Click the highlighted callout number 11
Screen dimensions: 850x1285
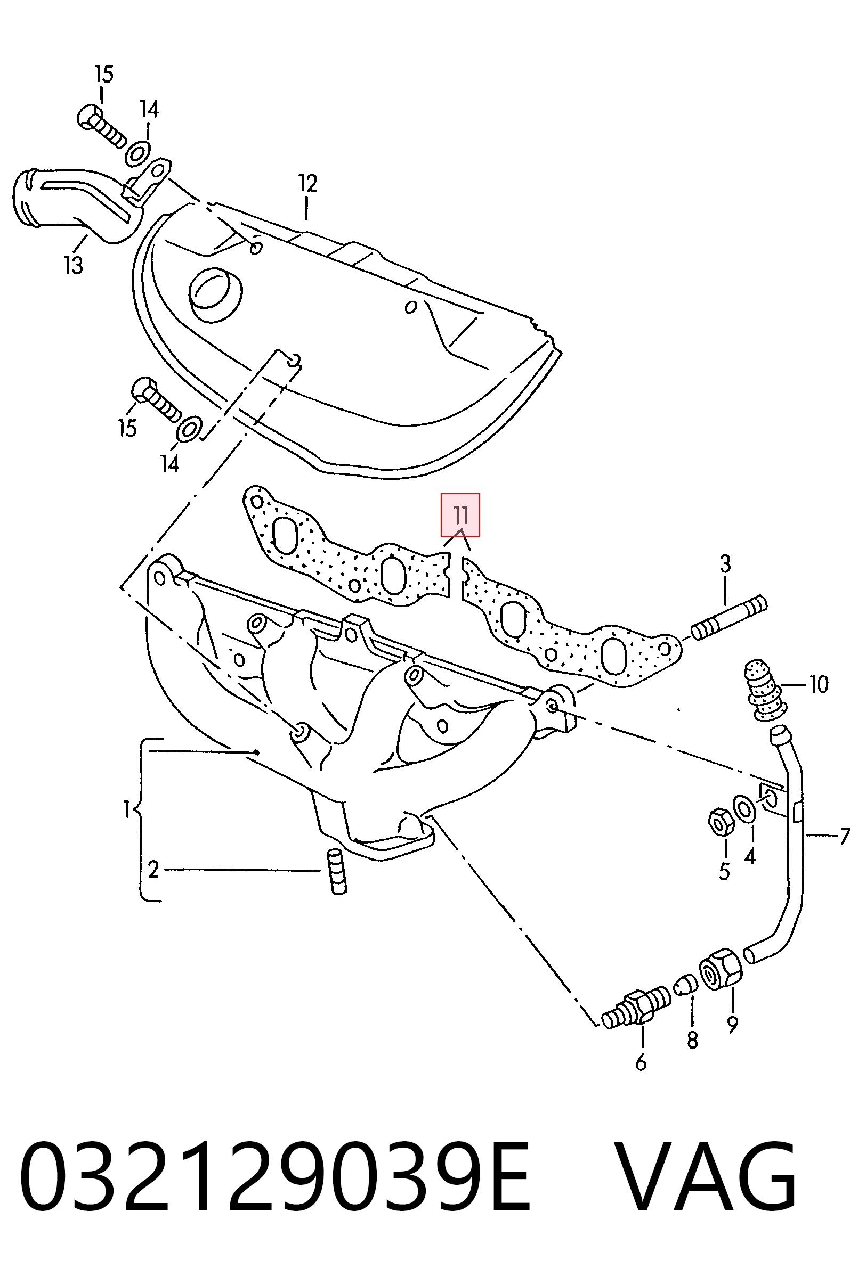click(x=460, y=514)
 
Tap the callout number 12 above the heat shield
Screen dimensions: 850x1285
click(x=307, y=184)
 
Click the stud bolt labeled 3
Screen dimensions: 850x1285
click(x=729, y=618)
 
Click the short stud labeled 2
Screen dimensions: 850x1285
click(x=336, y=872)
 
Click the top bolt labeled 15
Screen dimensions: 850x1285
click(x=101, y=126)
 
